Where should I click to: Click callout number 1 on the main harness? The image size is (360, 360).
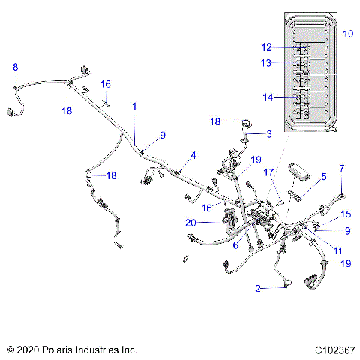[135, 106]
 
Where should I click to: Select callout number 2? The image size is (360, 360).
[259, 288]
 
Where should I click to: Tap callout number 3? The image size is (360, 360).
[268, 133]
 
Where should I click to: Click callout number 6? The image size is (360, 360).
[235, 244]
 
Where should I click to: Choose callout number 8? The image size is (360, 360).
[16, 67]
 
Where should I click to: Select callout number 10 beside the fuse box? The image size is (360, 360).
[347, 34]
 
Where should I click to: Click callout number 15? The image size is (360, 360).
[346, 214]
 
